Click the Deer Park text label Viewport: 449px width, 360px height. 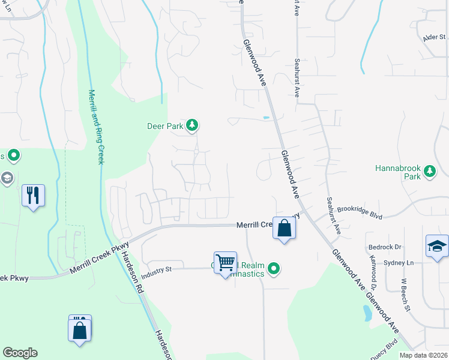pyautogui.click(x=165, y=126)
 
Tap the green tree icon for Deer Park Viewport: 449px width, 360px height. pyautogui.click(x=192, y=125)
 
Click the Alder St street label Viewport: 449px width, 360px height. pyautogui.click(x=433, y=37)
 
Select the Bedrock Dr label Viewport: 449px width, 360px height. pyautogui.click(x=385, y=247)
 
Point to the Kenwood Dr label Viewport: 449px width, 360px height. pyautogui.click(x=375, y=270)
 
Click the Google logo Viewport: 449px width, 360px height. pyautogui.click(x=20, y=353)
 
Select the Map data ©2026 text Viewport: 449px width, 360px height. pyautogui.click(x=423, y=355)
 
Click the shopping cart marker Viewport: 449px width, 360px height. pyautogui.click(x=225, y=263)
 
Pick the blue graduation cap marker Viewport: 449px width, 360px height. pyautogui.click(x=437, y=246)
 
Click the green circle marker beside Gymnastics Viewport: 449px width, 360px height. pyautogui.click(x=274, y=268)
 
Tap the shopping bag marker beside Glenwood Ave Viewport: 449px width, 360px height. pyautogui.click(x=285, y=228)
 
